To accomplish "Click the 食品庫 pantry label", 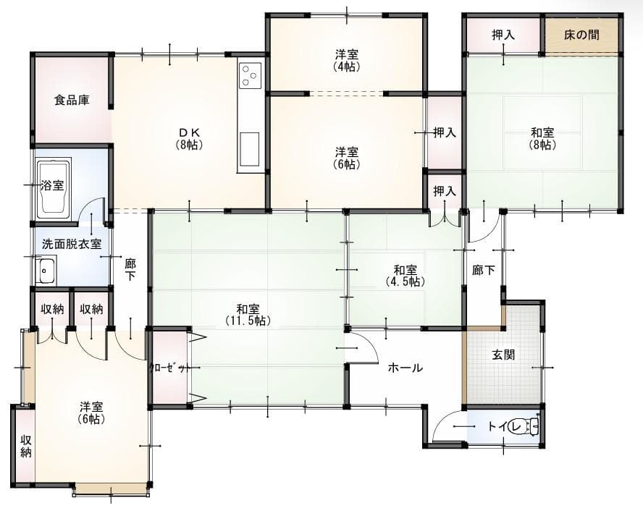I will pyautogui.click(x=72, y=101).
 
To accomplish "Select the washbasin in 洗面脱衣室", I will pyautogui.click(x=46, y=271).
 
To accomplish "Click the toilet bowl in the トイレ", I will pyautogui.click(x=526, y=426).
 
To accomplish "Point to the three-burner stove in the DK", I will pyautogui.click(x=250, y=75).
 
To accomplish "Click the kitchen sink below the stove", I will pyautogui.click(x=248, y=148).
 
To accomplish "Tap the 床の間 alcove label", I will pyautogui.click(x=581, y=34).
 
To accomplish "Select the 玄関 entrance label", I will pyautogui.click(x=503, y=355).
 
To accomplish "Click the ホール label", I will pyautogui.click(x=405, y=368).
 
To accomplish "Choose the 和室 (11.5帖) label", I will pyautogui.click(x=247, y=314).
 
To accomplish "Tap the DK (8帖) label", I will pyautogui.click(x=189, y=137).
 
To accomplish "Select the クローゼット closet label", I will pyautogui.click(x=169, y=367).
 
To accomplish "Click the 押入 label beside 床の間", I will pyautogui.click(x=503, y=34).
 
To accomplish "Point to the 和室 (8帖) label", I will pyautogui.click(x=542, y=138).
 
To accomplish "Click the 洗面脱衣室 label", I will pyautogui.click(x=71, y=244).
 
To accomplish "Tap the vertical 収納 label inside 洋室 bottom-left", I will pyautogui.click(x=25, y=446).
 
